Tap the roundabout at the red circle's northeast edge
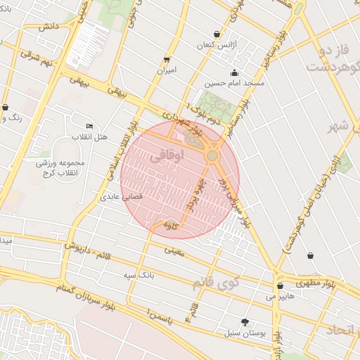212,155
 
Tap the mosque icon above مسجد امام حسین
234,72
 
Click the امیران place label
167,70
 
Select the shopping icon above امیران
167,60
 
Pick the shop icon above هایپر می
281,286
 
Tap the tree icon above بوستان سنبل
245,321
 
